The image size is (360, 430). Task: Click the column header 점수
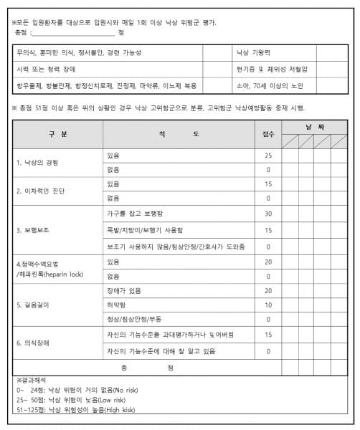(x=268, y=134)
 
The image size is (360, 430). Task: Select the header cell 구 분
(x=58, y=134)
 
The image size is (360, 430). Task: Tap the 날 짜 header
(x=315, y=126)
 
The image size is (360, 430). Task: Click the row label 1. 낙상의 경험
(x=39, y=162)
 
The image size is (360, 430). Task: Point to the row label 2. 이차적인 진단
(x=42, y=191)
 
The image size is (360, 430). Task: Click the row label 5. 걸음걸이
(x=34, y=305)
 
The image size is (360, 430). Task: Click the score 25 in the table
(x=268, y=155)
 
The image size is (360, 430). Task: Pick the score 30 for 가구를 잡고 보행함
(x=268, y=214)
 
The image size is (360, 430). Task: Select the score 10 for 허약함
(x=268, y=305)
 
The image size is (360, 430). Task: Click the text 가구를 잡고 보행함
(x=133, y=214)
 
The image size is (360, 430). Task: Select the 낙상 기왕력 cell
(x=252, y=53)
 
